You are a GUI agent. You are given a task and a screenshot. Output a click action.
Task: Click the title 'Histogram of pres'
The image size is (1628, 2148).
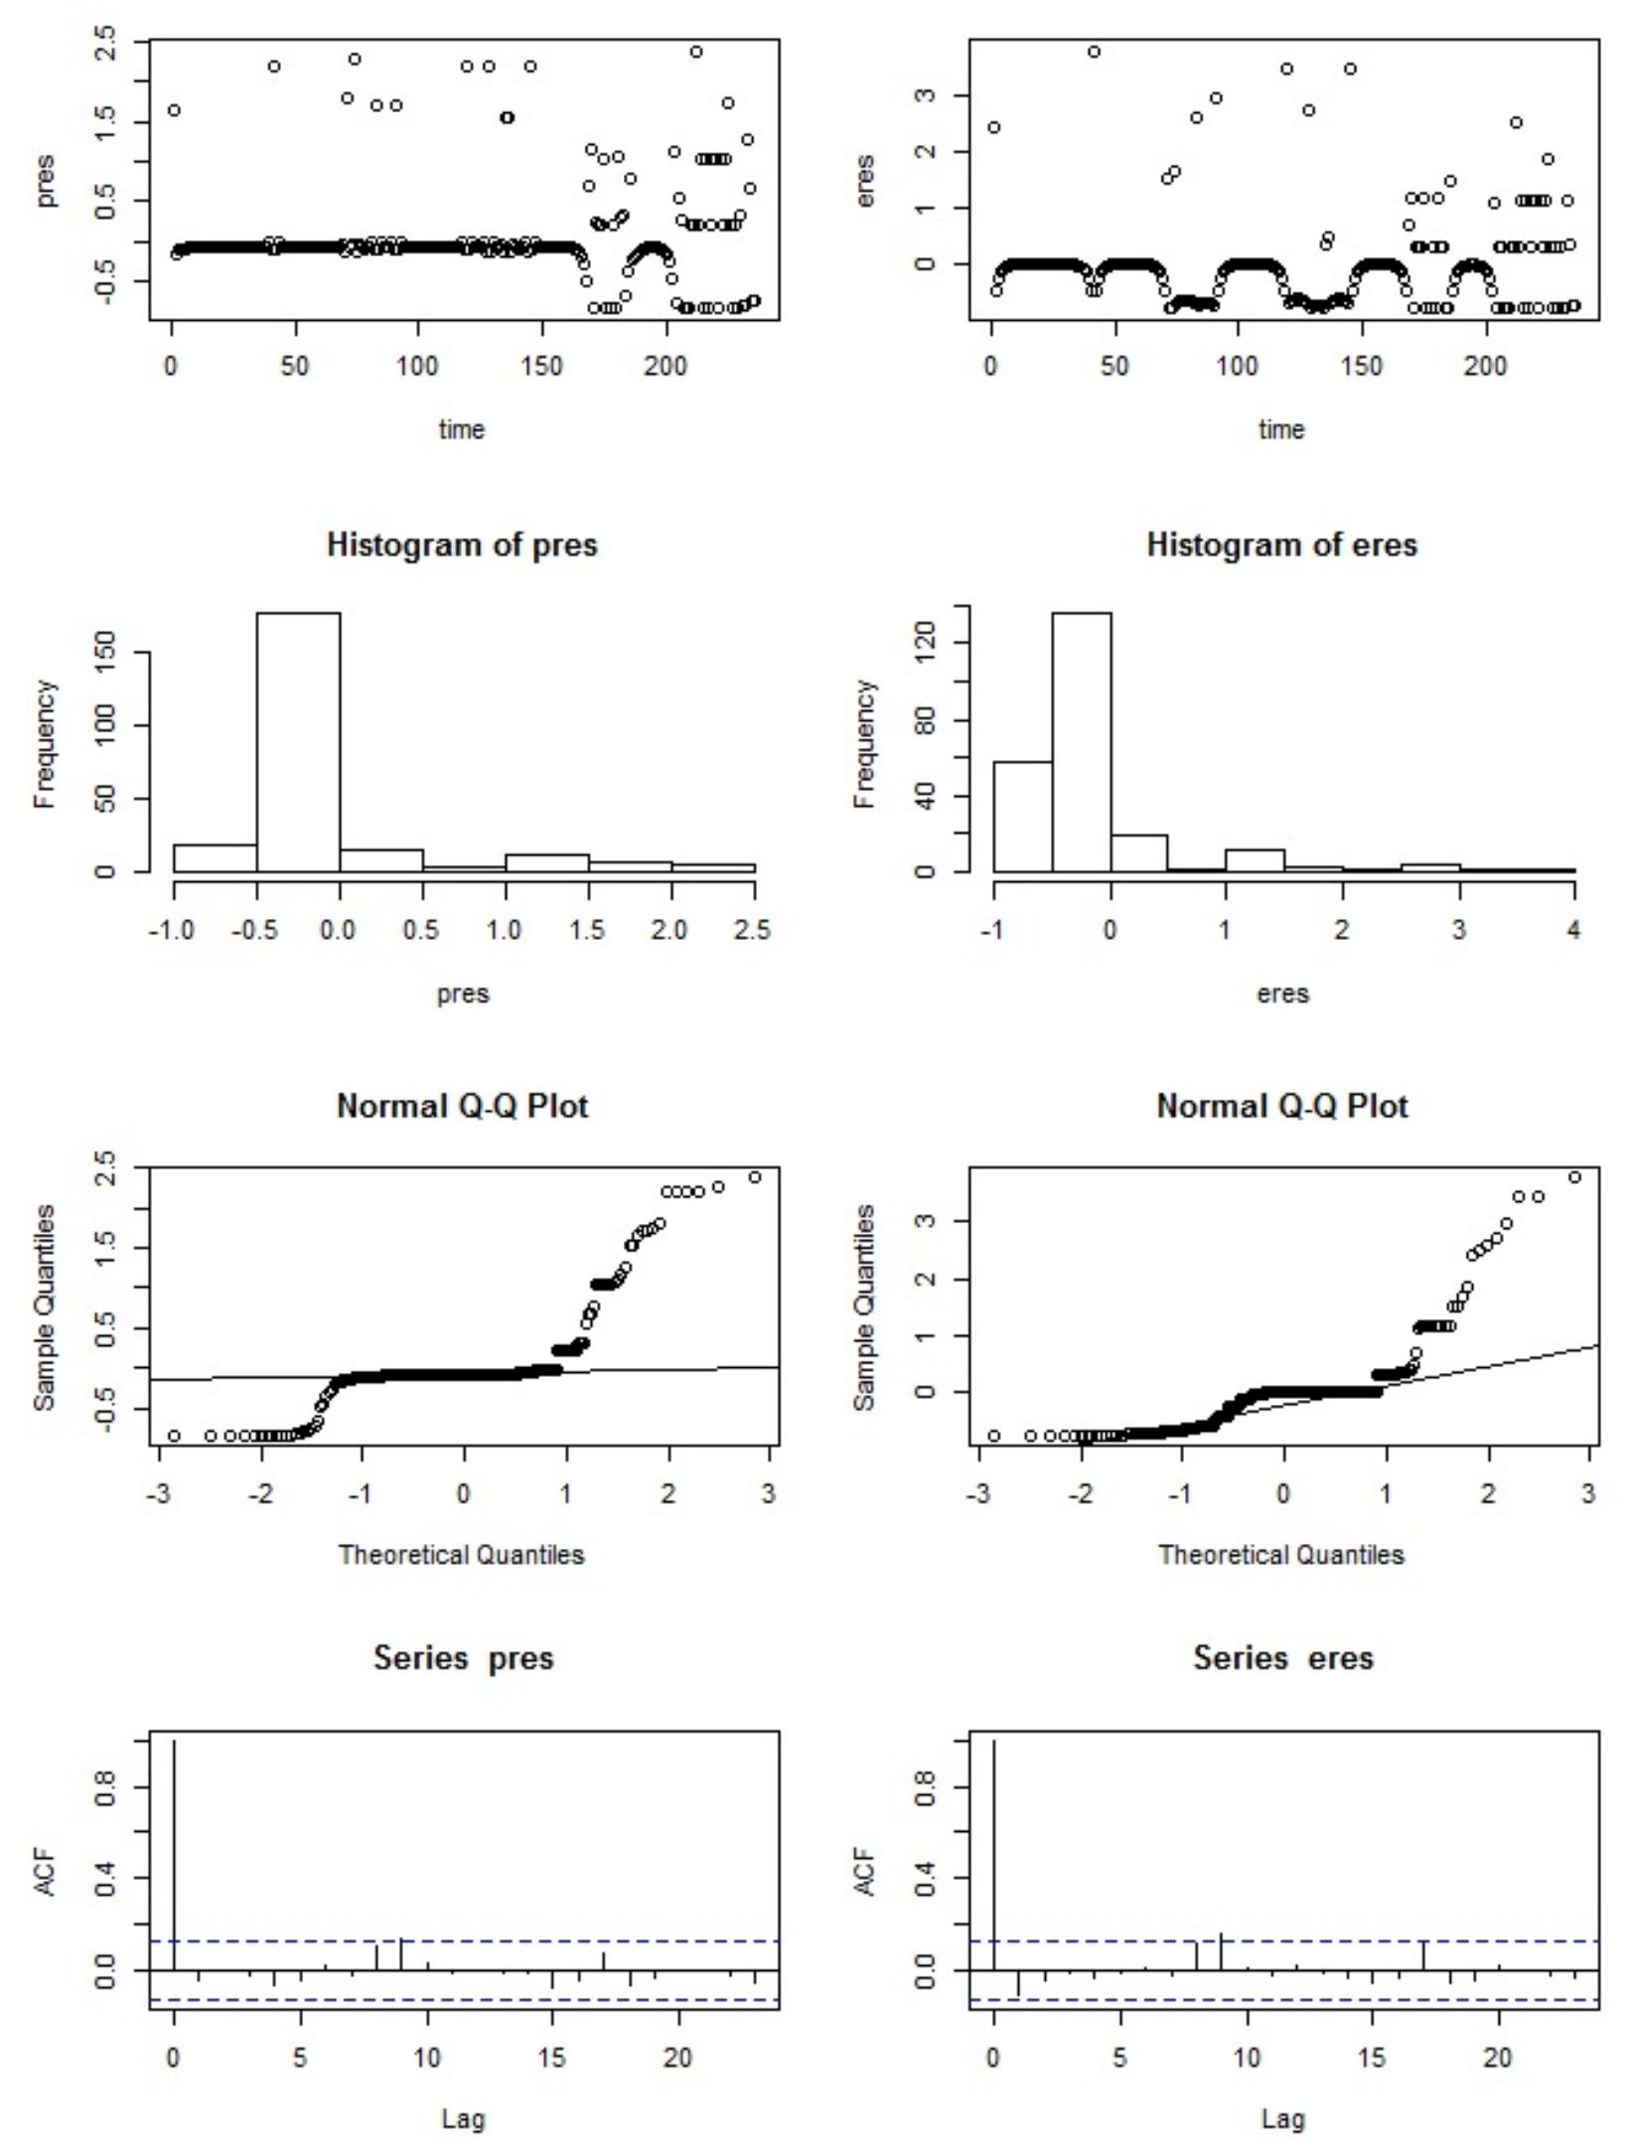click(x=462, y=545)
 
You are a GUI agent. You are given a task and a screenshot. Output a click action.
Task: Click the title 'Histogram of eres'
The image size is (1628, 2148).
click(x=1281, y=545)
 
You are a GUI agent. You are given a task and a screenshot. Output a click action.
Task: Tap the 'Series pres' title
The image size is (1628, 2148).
click(x=463, y=1658)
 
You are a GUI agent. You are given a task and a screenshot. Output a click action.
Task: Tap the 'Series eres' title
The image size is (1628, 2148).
click(x=1282, y=1658)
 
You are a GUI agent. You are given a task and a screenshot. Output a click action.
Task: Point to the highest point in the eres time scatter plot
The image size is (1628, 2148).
click(x=1094, y=52)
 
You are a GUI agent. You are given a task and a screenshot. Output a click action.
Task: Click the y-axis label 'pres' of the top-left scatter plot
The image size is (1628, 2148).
click(x=46, y=180)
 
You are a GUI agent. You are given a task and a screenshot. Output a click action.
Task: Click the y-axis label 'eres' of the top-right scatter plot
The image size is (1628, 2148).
click(x=865, y=180)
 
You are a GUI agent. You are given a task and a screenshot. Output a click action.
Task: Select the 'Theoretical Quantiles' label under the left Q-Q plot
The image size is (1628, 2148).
click(x=462, y=1555)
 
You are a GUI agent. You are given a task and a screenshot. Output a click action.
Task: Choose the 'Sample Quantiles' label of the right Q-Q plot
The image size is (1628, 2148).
click(x=865, y=1306)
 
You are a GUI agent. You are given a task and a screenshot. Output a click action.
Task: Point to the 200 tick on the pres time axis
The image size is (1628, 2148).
click(x=665, y=367)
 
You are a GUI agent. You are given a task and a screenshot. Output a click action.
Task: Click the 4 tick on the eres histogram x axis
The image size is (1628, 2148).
click(x=1573, y=930)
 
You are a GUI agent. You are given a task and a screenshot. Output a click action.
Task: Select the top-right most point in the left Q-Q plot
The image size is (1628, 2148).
click(x=754, y=1177)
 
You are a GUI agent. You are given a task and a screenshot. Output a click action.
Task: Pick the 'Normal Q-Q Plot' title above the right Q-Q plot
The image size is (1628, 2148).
click(x=1281, y=1106)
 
